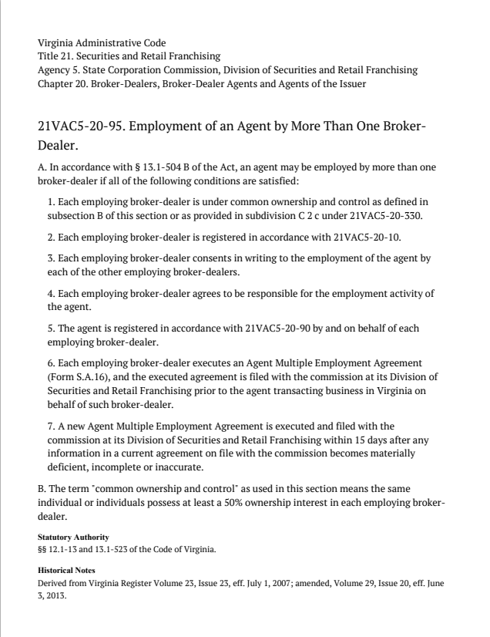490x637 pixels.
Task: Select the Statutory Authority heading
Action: point(73,537)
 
